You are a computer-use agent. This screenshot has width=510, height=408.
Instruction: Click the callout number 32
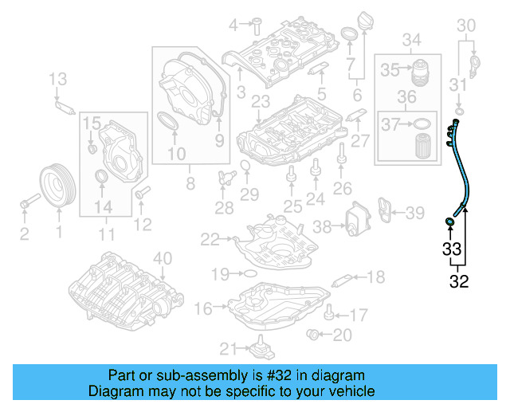pos(459,280)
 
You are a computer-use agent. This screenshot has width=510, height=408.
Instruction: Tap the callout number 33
pos(451,249)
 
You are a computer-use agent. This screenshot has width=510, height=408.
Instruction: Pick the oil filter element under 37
pos(422,146)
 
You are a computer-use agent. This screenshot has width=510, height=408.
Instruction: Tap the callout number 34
pos(412,40)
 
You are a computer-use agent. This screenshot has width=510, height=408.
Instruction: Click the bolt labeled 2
pos(26,206)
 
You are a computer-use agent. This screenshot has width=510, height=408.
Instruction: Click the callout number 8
pos(190,184)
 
